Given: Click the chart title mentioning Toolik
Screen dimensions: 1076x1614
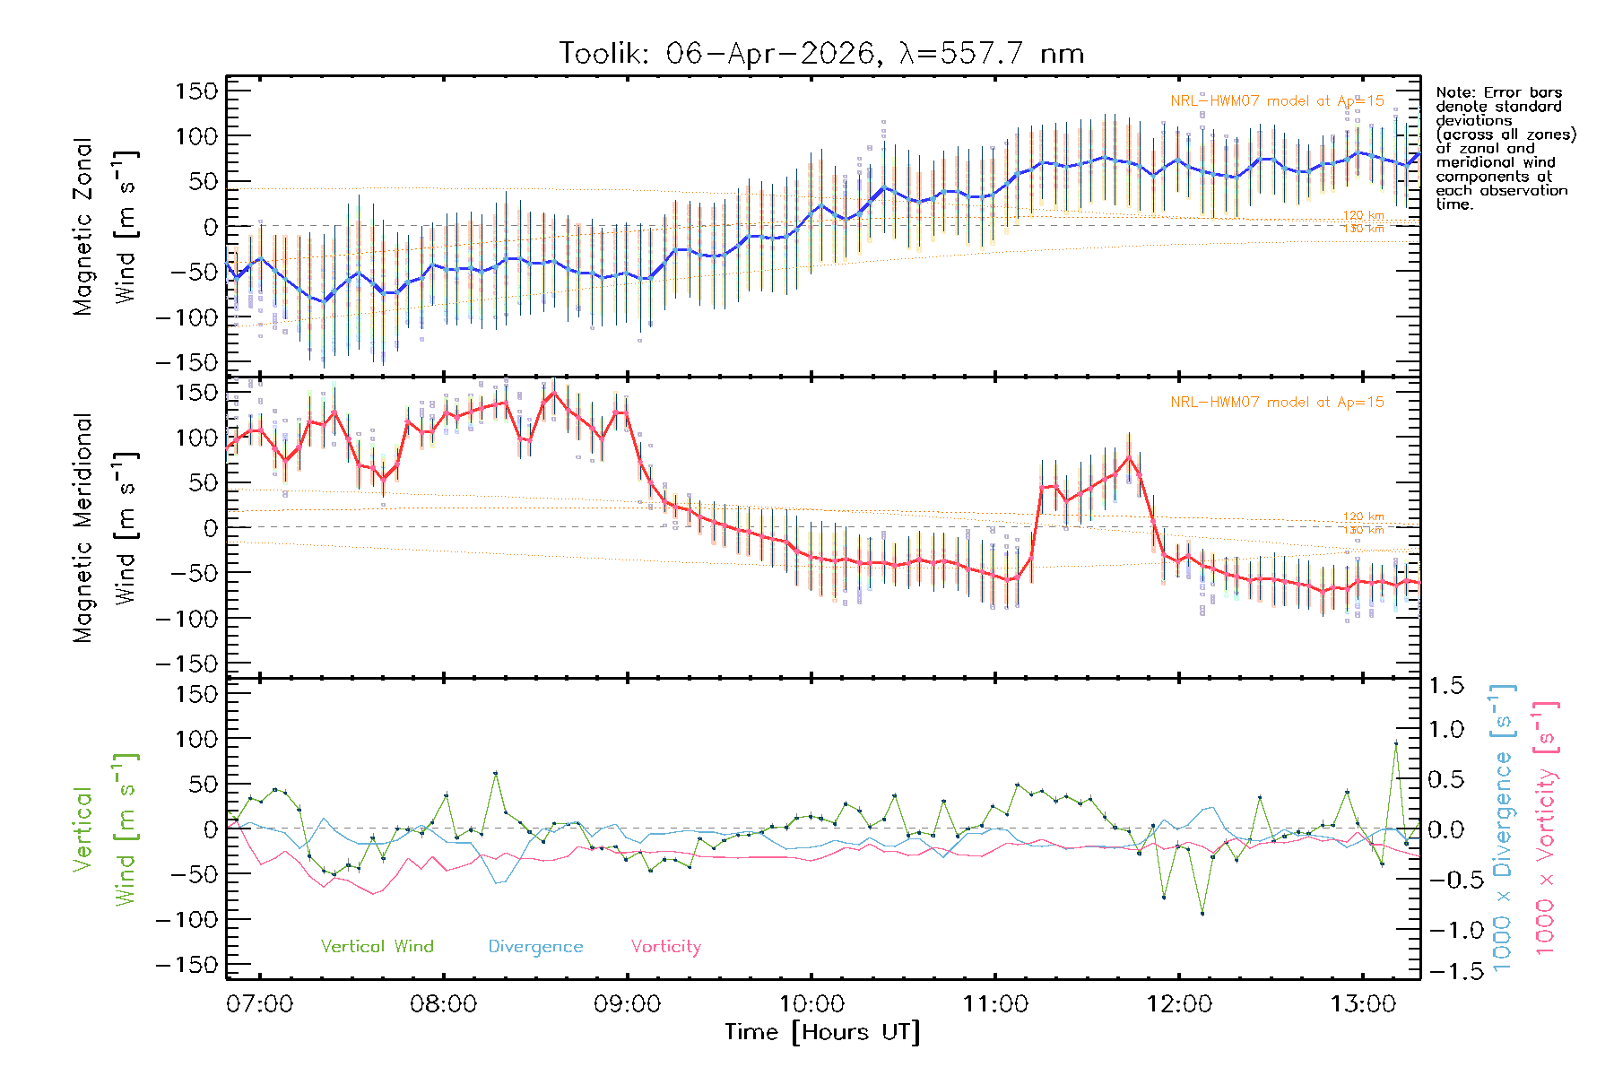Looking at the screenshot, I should tap(821, 54).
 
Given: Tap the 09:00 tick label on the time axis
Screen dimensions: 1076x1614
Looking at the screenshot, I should tap(627, 1004).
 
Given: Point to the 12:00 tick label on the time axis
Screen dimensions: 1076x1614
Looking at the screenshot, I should tap(1178, 1004).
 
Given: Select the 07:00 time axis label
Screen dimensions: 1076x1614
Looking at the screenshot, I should tap(259, 1004).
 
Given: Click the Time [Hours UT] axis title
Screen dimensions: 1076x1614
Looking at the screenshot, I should tap(822, 1032).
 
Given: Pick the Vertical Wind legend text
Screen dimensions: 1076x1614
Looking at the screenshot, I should tap(377, 946).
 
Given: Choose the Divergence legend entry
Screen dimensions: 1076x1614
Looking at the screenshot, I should tap(535, 946).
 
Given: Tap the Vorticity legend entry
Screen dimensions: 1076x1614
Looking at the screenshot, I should tap(665, 946).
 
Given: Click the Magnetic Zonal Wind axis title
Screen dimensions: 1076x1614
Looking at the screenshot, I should tap(105, 226).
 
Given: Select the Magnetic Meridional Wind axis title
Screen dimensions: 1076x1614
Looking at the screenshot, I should tap(105, 527).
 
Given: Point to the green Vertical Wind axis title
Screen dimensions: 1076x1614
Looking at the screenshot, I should tap(105, 829).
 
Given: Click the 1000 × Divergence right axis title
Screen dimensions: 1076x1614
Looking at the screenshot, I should tap(1502, 829).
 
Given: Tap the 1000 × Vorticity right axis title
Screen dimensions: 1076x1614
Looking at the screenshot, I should tap(1545, 829).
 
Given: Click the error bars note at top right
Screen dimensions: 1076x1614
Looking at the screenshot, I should tap(1505, 148).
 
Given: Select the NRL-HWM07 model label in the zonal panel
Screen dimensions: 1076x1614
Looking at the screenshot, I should tap(1277, 100).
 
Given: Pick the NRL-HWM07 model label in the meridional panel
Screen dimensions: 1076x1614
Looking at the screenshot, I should tap(1277, 402).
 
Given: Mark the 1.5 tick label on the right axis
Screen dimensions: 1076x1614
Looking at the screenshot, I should tap(1445, 686).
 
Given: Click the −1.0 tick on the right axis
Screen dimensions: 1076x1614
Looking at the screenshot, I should tap(1445, 929).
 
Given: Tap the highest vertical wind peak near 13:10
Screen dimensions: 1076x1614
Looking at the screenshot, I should tap(1395, 743).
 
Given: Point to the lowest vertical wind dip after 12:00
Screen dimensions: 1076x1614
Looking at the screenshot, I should tap(1202, 913).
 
